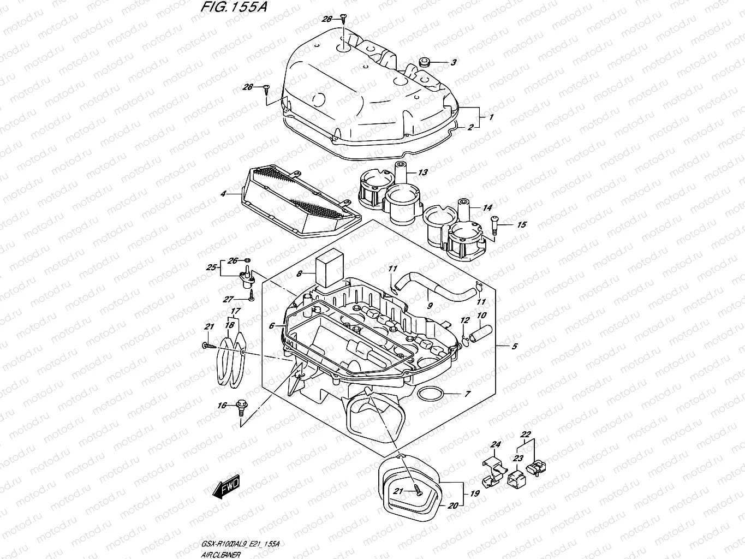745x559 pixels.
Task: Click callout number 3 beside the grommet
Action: (x=453, y=63)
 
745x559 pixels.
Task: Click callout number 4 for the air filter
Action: (x=223, y=193)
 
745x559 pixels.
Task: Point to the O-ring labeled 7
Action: (x=430, y=394)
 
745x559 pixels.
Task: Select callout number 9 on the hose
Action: (x=430, y=306)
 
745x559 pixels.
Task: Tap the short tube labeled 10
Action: (x=484, y=331)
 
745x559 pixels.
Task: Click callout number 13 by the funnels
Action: (x=423, y=173)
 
